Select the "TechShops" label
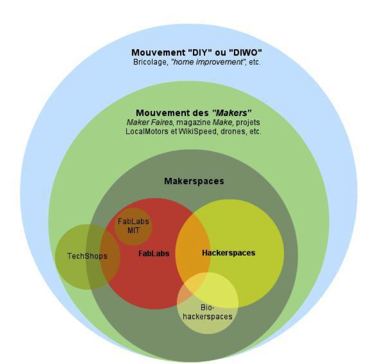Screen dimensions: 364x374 [87, 256]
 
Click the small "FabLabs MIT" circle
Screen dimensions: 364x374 [133, 226]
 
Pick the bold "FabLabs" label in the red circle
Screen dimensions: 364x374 [154, 253]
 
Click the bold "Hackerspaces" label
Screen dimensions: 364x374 [228, 253]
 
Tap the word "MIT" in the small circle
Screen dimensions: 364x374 [133, 230]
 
